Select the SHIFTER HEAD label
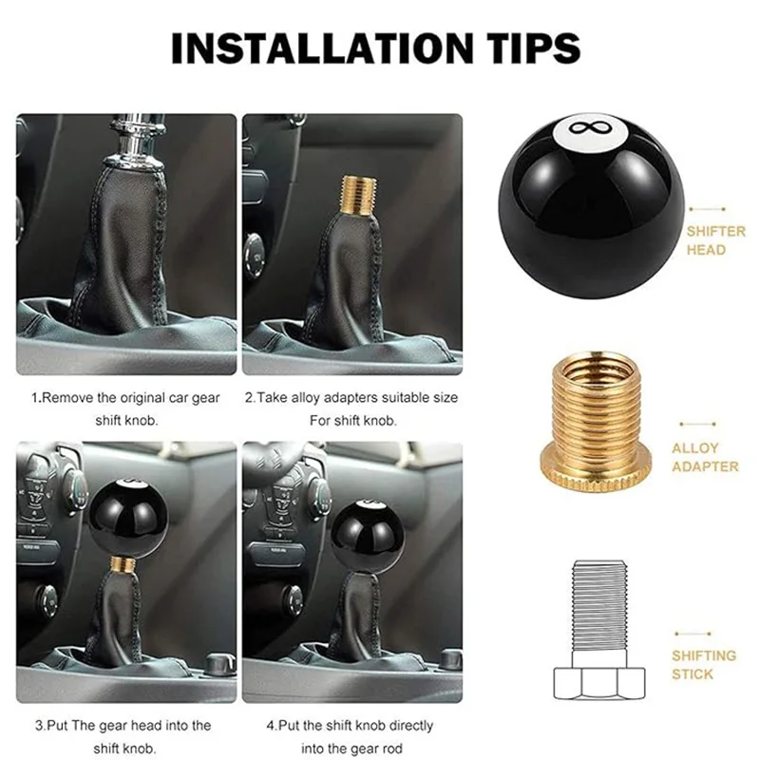[716, 240]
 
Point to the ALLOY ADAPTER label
[705, 457]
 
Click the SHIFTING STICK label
[704, 664]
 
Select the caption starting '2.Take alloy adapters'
[351, 406]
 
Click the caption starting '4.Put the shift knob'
[351, 736]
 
